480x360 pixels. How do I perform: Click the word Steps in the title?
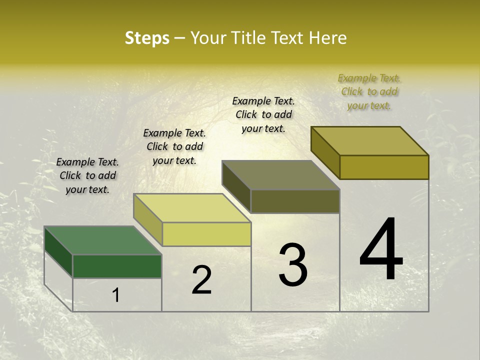click(147, 38)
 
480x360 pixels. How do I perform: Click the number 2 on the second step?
click(201, 280)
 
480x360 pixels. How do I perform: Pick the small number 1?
click(116, 295)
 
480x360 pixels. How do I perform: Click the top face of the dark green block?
click(102, 240)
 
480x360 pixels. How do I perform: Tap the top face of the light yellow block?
click(192, 207)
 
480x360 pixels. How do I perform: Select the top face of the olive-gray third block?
click(280, 175)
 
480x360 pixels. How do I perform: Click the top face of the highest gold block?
click(369, 140)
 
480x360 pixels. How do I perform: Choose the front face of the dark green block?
click(117, 266)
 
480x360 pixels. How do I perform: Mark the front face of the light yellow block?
click(206, 234)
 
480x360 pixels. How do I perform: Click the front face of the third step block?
click(295, 201)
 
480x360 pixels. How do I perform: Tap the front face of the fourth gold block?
click(384, 167)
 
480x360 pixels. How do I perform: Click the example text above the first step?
click(87, 175)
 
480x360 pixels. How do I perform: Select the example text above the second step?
click(174, 146)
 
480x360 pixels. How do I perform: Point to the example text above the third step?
click(263, 114)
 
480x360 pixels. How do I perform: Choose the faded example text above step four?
click(369, 91)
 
